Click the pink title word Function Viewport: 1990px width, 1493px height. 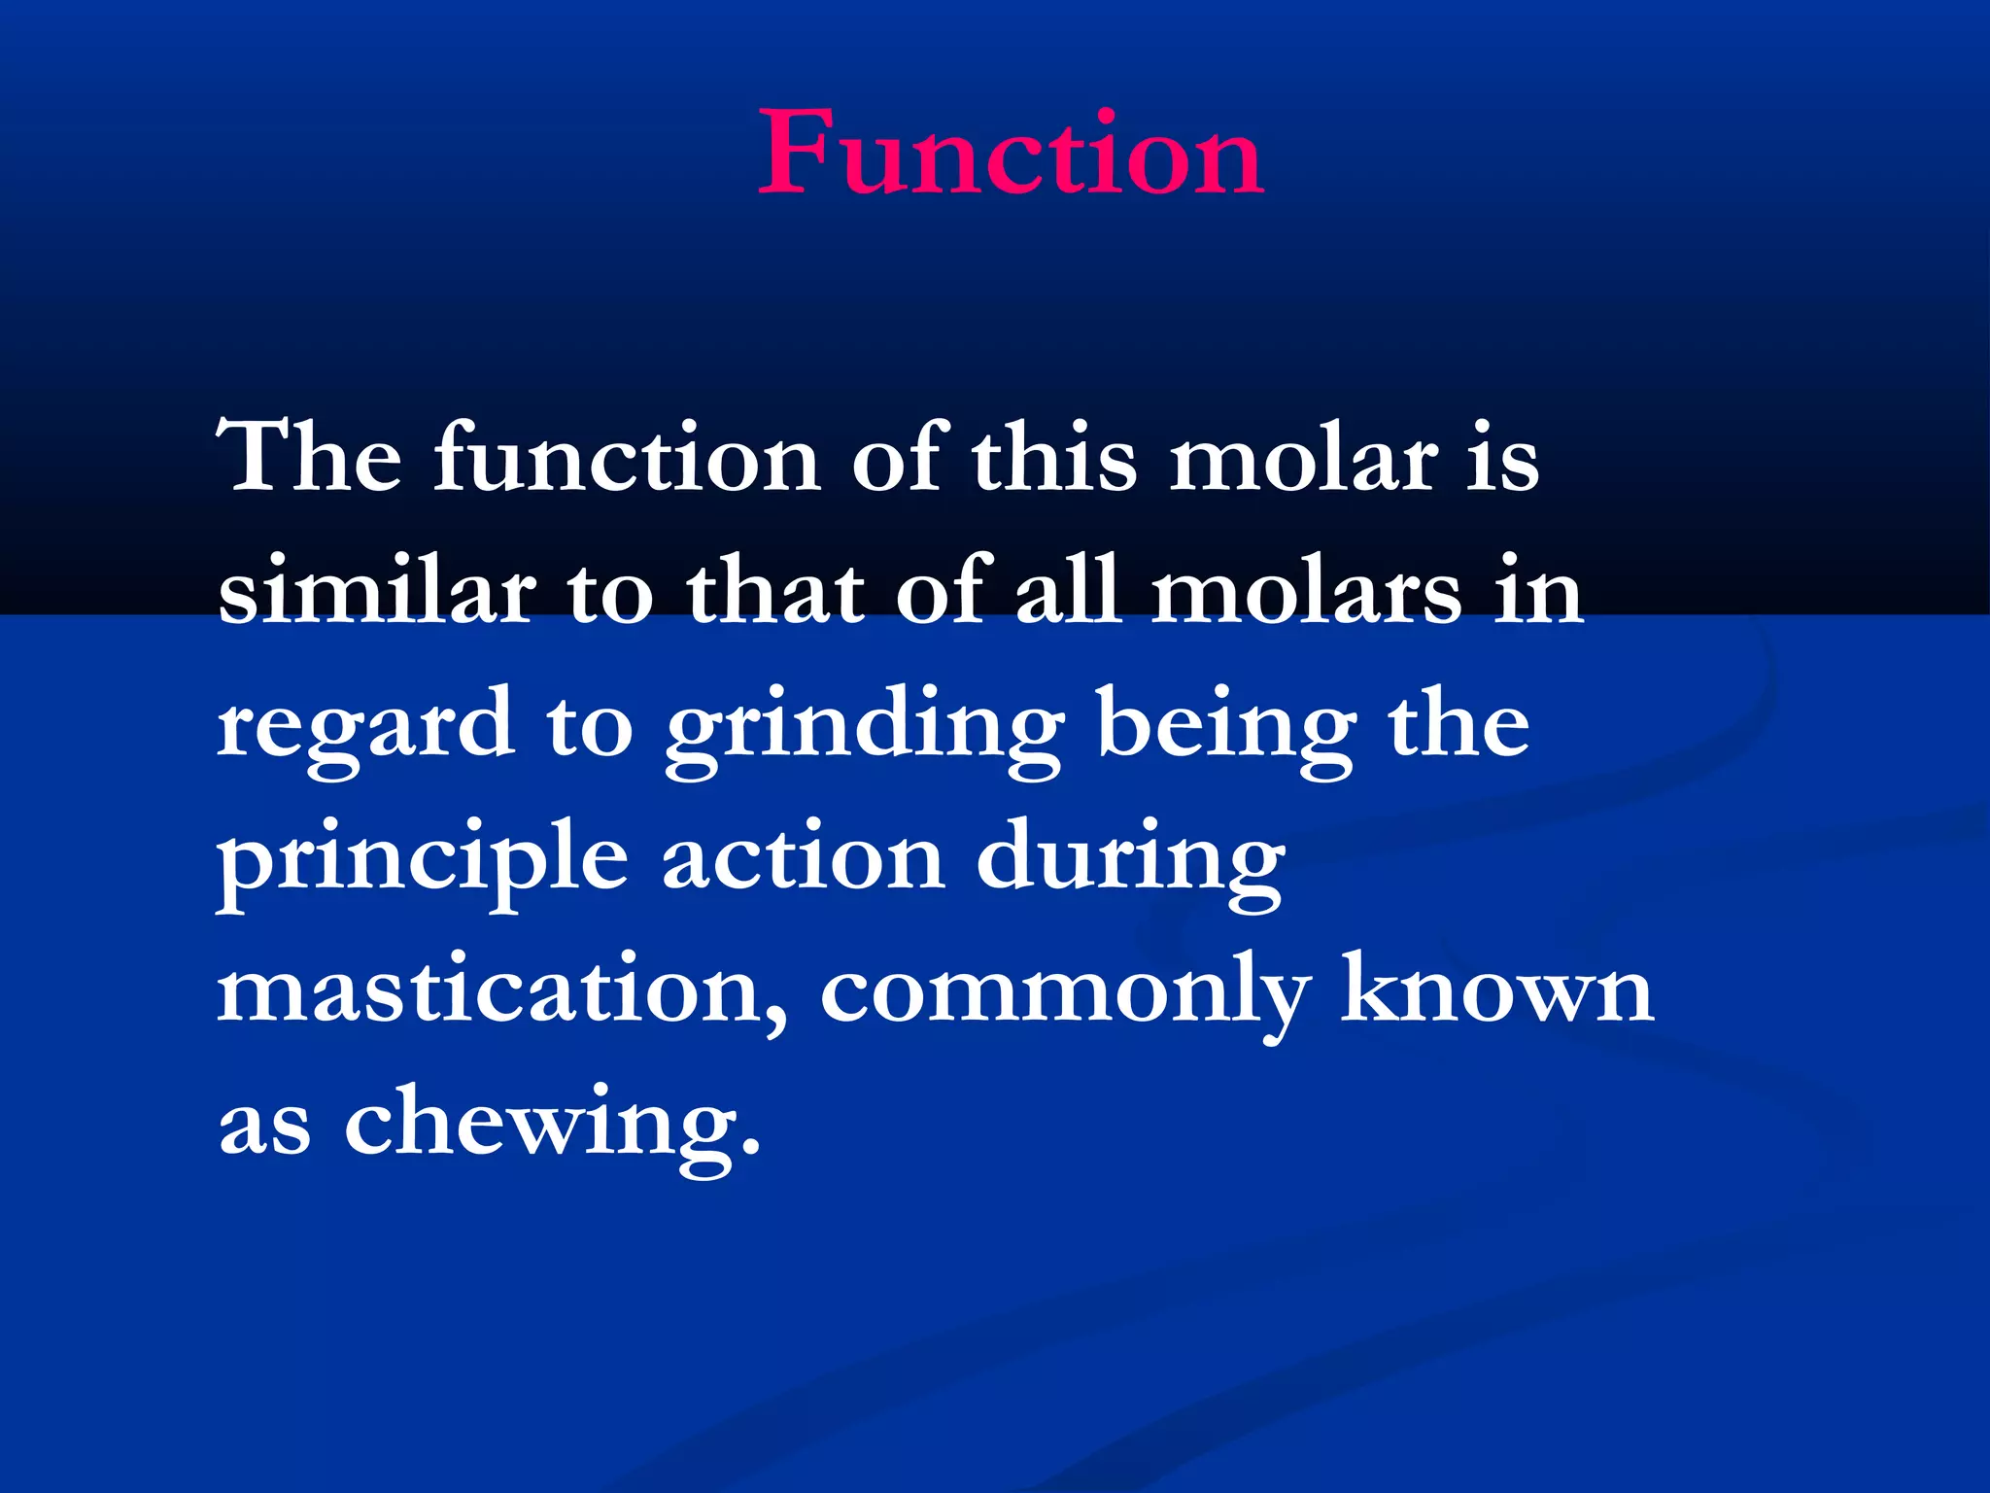tap(1011, 154)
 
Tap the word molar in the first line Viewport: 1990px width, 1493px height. tap(1303, 457)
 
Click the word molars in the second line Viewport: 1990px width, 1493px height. tap(1306, 591)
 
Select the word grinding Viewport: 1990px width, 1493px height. tap(864, 729)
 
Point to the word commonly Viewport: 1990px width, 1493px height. tap(1065, 995)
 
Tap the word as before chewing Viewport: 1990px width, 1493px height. tap(264, 1131)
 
